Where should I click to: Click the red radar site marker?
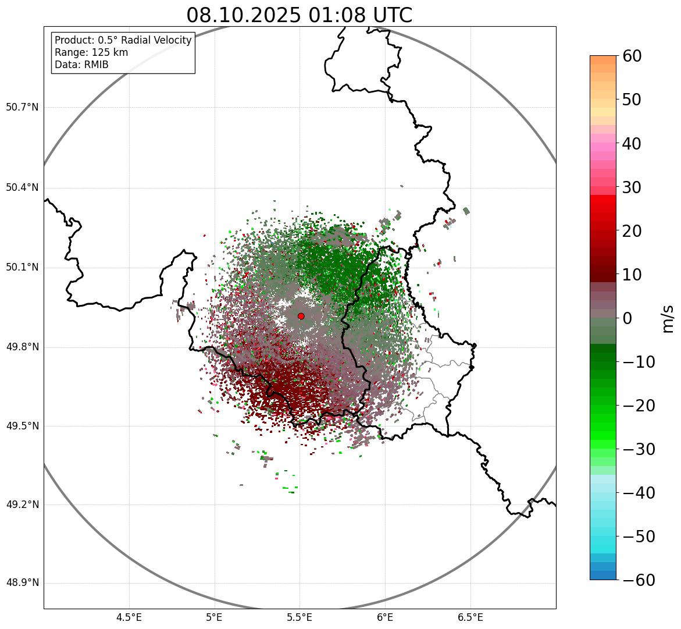pyautogui.click(x=301, y=316)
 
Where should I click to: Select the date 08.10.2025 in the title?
pyautogui.click(x=244, y=15)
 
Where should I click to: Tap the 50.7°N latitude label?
pyautogui.click(x=22, y=108)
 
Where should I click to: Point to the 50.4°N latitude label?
pyautogui.click(x=22, y=187)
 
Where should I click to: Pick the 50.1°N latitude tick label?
pyautogui.click(x=22, y=268)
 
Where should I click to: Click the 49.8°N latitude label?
pyautogui.click(x=22, y=347)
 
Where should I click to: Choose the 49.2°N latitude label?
pyautogui.click(x=22, y=504)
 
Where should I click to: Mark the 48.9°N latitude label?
pyautogui.click(x=22, y=583)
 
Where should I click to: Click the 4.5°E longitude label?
pyautogui.click(x=129, y=617)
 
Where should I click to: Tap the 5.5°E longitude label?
pyautogui.click(x=300, y=617)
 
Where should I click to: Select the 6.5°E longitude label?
pyautogui.click(x=470, y=617)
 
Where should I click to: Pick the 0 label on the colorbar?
pyautogui.click(x=627, y=318)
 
